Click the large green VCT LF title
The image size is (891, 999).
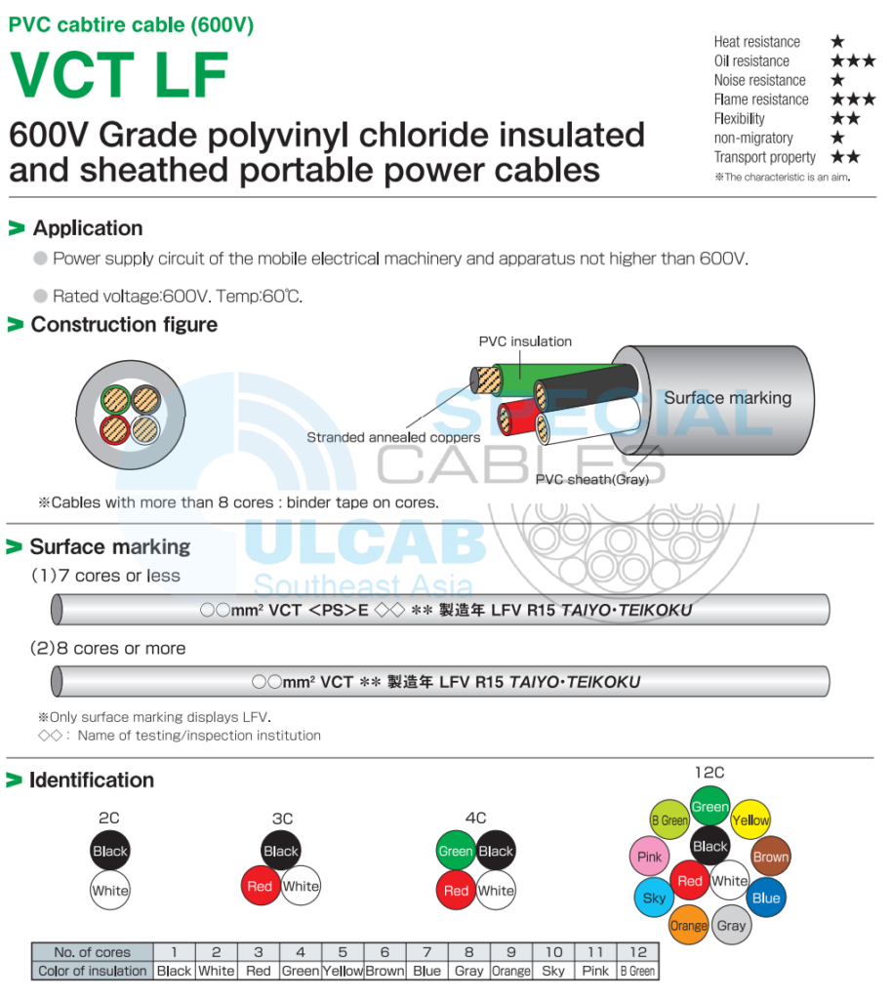(x=118, y=73)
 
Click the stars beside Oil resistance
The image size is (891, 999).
(x=852, y=60)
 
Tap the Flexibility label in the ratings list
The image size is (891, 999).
(x=739, y=119)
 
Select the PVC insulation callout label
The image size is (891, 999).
(x=525, y=341)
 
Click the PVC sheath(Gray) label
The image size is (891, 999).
(x=591, y=479)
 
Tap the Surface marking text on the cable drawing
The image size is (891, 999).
(x=727, y=398)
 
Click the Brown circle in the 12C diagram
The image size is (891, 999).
(x=770, y=858)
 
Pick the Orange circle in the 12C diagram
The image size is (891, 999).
(x=689, y=925)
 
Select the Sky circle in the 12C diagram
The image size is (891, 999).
(x=654, y=898)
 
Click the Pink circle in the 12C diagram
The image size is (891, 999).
(x=649, y=858)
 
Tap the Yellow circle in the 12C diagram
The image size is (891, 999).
(x=750, y=820)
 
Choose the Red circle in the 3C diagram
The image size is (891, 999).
(x=260, y=887)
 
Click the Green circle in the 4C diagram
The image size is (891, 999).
(x=456, y=851)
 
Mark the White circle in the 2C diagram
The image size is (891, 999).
(x=110, y=891)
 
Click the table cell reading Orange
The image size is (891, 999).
(x=510, y=971)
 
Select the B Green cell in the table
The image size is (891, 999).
(x=638, y=971)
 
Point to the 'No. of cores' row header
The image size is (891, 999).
(x=92, y=952)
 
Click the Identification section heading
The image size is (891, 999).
(x=91, y=780)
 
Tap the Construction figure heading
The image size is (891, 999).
(x=124, y=325)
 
